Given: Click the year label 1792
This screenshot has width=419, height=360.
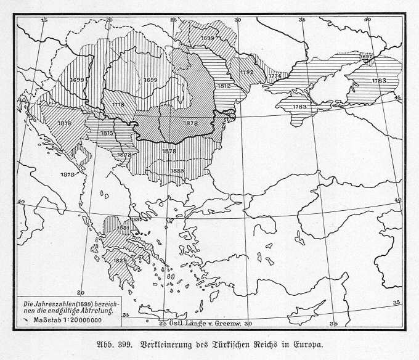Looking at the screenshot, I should (x=246, y=72).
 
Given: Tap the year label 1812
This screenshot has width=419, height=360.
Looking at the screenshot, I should (x=224, y=86).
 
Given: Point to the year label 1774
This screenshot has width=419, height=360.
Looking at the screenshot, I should (x=275, y=76).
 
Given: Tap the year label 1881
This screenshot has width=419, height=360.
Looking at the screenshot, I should (x=123, y=229).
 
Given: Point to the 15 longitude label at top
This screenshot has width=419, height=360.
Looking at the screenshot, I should (x=44, y=20).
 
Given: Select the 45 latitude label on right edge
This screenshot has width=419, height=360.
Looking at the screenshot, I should (x=397, y=97).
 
